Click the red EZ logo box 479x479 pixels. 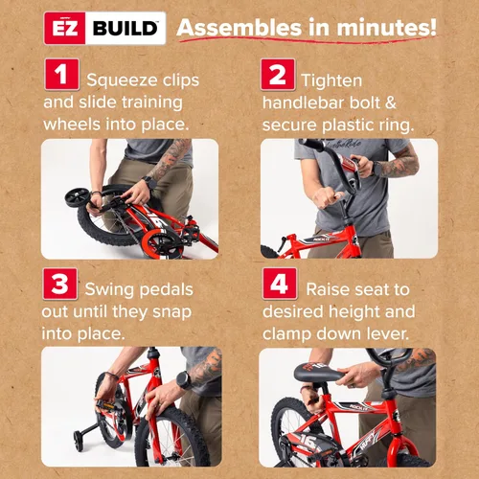pos(65,28)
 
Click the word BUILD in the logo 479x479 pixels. pos(125,29)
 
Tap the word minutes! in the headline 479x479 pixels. pos(386,28)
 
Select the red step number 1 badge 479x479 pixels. pos(61,74)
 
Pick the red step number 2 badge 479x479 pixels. pos(278,75)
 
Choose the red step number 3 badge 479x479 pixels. pos(60,284)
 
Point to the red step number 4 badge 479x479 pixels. pos(280,284)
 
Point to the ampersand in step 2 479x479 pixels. pos(390,103)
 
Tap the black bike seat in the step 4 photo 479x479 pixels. pos(319,372)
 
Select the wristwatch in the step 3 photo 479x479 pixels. pos(184,380)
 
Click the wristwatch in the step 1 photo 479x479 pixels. pos(149,182)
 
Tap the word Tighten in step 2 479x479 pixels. pos(331,81)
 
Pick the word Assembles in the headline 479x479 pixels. pos(239,28)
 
